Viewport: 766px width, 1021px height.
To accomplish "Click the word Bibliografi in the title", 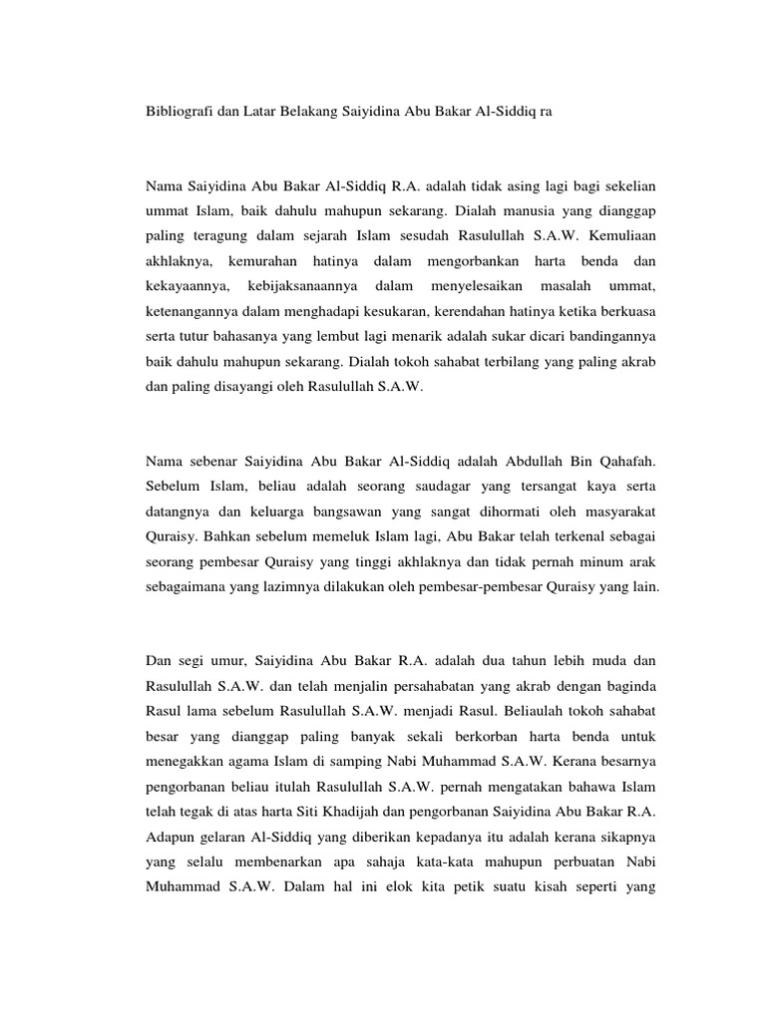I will (x=179, y=114).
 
